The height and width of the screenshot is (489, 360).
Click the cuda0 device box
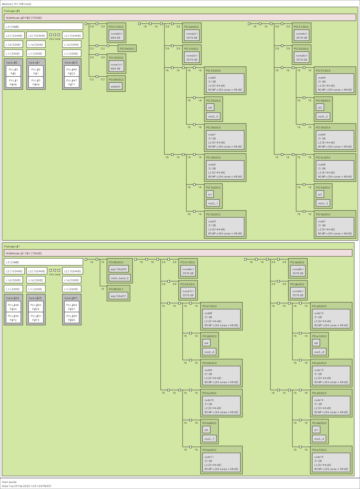(x=225, y=83)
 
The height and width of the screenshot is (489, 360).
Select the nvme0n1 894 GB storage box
(x=116, y=36)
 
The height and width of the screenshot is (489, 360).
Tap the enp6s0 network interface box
(x=115, y=87)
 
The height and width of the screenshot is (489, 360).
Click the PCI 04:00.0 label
(x=127, y=49)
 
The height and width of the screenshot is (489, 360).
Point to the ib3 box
(x=320, y=195)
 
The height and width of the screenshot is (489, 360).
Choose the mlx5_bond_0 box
(x=120, y=278)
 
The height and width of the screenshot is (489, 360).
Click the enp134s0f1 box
(x=118, y=296)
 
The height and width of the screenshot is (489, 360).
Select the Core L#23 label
(x=71, y=63)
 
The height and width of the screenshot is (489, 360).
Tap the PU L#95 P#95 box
(x=72, y=318)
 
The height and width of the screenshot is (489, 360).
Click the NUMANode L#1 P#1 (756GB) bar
(x=178, y=253)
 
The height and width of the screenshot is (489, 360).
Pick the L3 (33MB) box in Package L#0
(x=43, y=27)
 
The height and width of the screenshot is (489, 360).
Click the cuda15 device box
(x=331, y=463)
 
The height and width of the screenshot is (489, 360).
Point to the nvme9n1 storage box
(x=298, y=293)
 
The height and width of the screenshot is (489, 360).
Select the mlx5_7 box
(x=209, y=439)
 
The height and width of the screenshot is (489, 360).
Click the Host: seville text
(x=9, y=482)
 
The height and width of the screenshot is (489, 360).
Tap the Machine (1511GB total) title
(x=16, y=4)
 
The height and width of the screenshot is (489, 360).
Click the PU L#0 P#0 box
(x=13, y=72)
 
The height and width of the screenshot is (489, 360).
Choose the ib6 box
(x=316, y=343)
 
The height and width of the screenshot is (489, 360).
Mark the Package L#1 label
(x=12, y=247)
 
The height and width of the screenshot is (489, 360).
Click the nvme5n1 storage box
(x=301, y=57)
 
